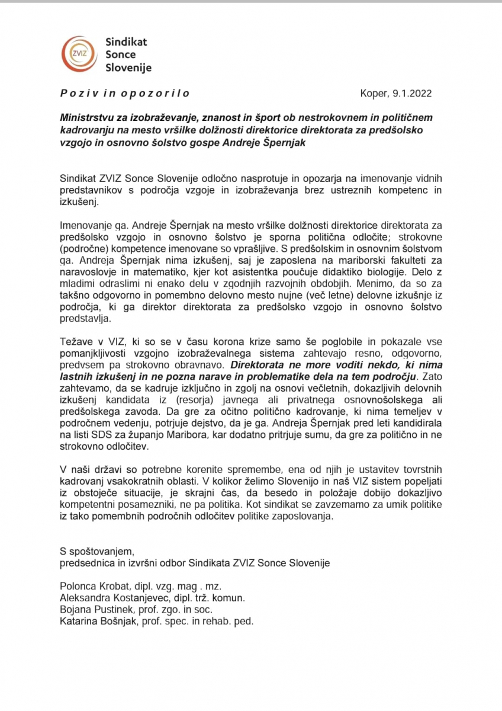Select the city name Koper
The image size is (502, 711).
[x=373, y=93]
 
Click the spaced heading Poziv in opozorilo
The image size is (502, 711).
[x=124, y=94]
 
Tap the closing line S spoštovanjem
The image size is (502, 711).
[x=97, y=552]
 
